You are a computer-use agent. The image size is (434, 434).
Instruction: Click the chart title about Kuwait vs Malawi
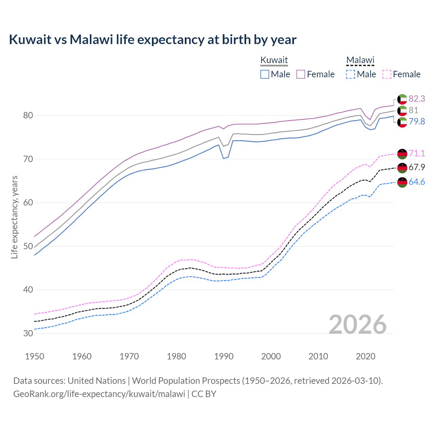pos(153,40)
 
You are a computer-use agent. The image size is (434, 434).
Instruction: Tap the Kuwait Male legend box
pos(265,74)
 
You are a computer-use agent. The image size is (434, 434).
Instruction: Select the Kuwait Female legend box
pos(301,74)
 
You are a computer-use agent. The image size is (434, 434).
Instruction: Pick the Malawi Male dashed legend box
pos(351,74)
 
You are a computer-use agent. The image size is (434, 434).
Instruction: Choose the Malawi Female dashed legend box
pos(387,74)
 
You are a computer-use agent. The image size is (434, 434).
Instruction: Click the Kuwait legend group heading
pos(274,60)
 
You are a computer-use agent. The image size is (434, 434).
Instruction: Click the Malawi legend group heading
pos(360,60)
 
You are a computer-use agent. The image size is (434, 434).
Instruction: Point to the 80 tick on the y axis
pos(28,116)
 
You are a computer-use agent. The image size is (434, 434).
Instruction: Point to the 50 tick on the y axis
pos(28,246)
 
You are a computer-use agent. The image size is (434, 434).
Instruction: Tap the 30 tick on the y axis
pos(28,333)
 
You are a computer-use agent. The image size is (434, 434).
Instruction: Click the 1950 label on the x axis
pos(35,356)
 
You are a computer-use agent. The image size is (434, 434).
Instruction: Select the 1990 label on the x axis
pos(224,356)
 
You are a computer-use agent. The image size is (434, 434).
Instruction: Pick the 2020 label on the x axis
pos(366,356)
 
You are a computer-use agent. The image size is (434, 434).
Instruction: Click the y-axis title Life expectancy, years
pos(14,217)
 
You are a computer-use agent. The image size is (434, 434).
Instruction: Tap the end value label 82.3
pos(417,99)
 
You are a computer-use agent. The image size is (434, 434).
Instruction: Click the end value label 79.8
pos(417,121)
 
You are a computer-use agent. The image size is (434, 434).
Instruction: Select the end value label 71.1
pos(417,153)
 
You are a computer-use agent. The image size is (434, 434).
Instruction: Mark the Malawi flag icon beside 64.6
pos(402,182)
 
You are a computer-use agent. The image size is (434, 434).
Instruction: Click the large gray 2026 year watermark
pos(357,324)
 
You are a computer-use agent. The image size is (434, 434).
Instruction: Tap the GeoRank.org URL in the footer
pos(99,394)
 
